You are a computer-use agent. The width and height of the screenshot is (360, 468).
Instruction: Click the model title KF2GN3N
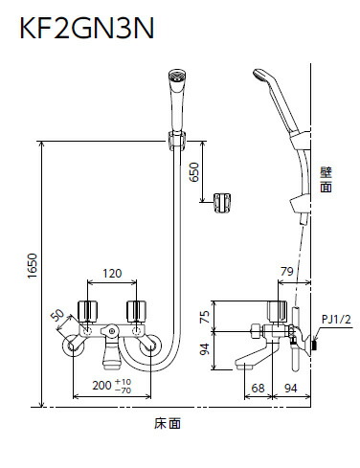87,28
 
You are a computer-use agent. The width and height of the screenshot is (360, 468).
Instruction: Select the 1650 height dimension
33,266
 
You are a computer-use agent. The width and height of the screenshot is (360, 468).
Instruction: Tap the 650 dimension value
193,172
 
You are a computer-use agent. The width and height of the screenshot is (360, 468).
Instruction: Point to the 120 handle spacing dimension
112,274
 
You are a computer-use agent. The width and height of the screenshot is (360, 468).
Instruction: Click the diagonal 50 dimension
57,316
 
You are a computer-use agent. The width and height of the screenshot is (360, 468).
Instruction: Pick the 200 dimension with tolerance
112,386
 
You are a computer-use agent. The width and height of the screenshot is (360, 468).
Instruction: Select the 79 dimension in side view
287,272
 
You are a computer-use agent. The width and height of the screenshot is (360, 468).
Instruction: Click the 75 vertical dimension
205,317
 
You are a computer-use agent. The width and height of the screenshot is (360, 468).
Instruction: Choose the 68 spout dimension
258,389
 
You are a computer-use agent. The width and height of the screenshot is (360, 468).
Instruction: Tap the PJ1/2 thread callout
336,319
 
